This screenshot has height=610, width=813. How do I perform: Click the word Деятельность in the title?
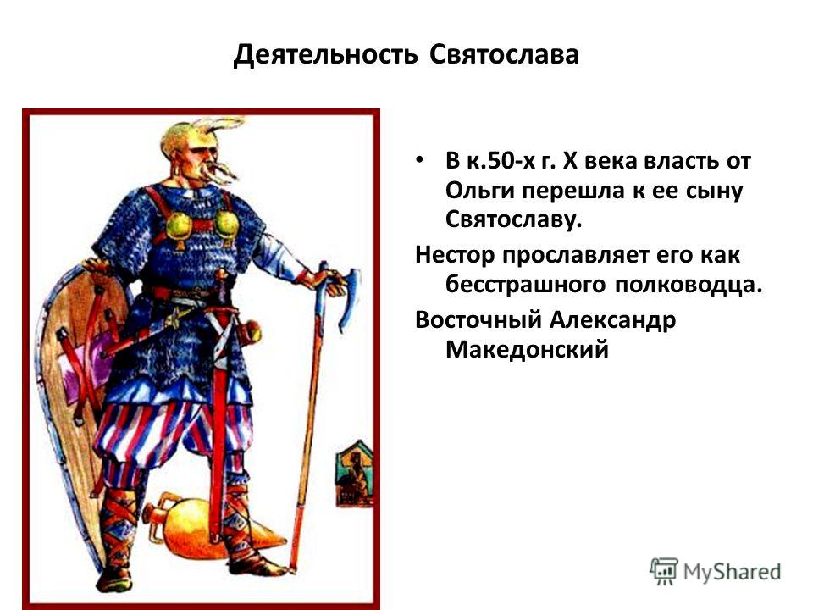[x=325, y=54]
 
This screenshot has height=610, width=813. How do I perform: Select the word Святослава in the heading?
[x=504, y=54]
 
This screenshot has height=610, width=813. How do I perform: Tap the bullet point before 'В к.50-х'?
[x=420, y=158]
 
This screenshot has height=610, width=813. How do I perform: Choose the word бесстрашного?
[x=525, y=285]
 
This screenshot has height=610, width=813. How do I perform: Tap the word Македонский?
[x=527, y=349]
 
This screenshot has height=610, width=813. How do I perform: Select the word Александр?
[x=612, y=320]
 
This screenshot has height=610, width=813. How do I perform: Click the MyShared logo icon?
[x=664, y=571]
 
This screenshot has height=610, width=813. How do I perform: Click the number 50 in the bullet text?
[x=495, y=161]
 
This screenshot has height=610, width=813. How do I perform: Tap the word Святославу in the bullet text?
[x=514, y=220]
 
